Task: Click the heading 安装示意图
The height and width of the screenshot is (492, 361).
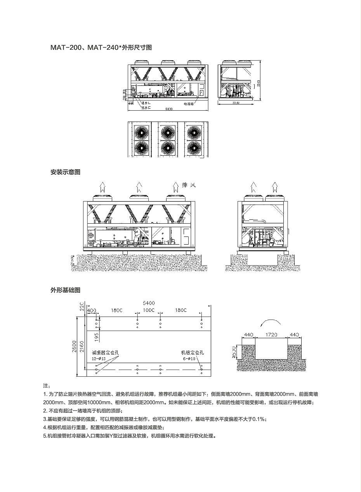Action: click(65, 172)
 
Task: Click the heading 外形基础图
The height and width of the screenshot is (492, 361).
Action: click(65, 290)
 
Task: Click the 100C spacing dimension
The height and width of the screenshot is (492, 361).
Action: click(149, 311)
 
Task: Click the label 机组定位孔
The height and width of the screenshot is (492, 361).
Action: click(193, 353)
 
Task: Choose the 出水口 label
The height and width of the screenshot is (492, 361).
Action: click(146, 107)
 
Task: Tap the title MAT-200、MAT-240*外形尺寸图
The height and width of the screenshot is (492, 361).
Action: click(101, 48)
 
